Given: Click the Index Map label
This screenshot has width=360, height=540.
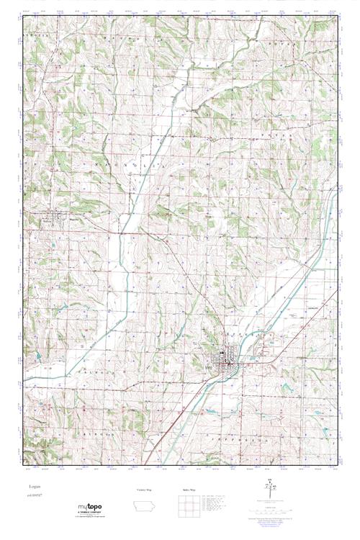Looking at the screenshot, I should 190,489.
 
